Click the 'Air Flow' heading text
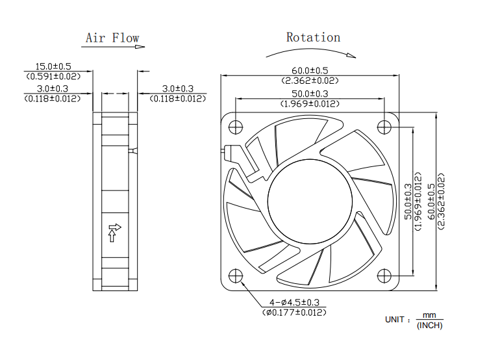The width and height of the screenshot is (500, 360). coord(112,38)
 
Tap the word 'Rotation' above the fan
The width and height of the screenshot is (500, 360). coord(313,37)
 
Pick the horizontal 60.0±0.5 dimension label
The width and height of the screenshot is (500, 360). coord(310,70)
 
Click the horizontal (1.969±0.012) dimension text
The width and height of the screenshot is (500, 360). coord(310,103)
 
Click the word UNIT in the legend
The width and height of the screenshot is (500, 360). coord(397,320)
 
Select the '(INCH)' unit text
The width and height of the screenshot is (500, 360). coord(429,325)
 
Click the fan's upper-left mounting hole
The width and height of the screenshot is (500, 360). coord(236,125)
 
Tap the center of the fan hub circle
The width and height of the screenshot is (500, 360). coord(309,200)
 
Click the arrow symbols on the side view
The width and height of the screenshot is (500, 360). coord(115,232)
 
